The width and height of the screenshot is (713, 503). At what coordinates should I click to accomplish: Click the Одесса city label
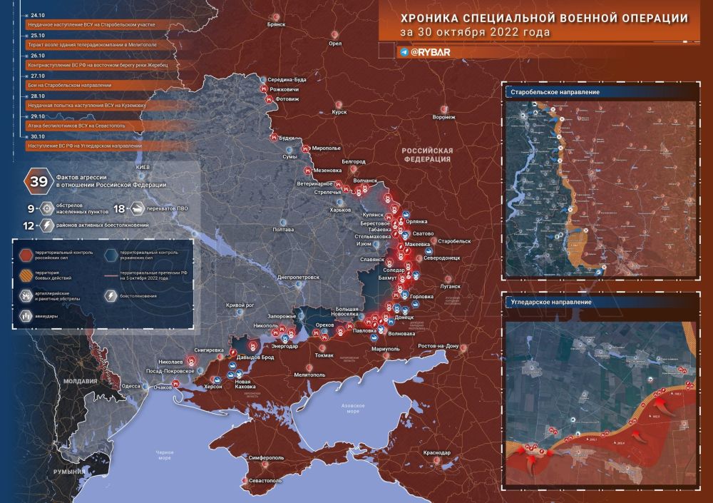point(131,385)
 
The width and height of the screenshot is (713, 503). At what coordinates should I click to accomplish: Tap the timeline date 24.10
point(37,14)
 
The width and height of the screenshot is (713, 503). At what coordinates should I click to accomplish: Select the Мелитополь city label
point(309,374)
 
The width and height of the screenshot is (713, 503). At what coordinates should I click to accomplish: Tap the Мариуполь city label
point(386,348)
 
